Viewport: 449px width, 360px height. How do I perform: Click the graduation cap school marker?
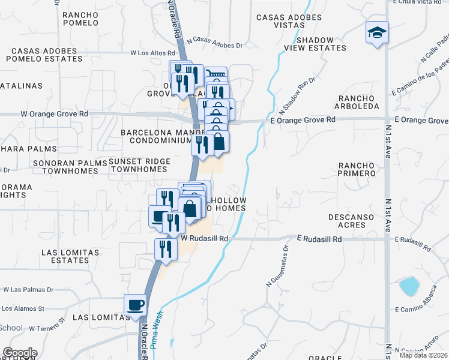[377, 32]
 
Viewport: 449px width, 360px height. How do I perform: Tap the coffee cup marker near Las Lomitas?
[134, 305]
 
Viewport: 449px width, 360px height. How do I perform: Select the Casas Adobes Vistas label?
[289, 22]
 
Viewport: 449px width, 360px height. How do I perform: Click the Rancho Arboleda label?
[359, 102]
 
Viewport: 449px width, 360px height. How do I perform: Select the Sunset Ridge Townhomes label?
[139, 166]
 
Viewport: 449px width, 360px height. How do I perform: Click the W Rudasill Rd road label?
[205, 238]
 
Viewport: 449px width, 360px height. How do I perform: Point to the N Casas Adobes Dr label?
[214, 44]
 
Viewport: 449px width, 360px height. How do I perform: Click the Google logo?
[20, 353]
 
